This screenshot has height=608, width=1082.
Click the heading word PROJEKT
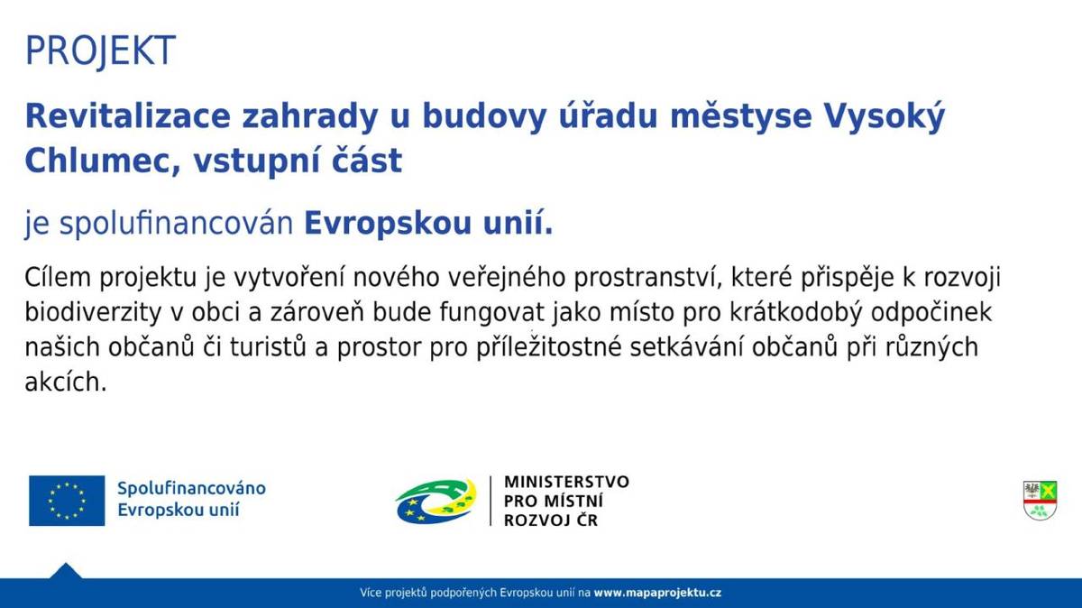click(99, 51)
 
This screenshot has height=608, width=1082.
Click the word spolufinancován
click(178, 225)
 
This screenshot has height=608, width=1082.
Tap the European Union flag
click(67, 501)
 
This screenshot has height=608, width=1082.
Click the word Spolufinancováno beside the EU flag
click(191, 488)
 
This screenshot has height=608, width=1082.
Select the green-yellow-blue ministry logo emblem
click(436, 501)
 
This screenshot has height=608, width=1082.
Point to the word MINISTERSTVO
click(566, 482)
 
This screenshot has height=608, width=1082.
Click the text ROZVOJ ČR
click(550, 520)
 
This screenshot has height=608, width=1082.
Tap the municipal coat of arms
click(1040, 500)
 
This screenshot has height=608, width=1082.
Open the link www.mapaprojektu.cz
click(657, 593)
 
